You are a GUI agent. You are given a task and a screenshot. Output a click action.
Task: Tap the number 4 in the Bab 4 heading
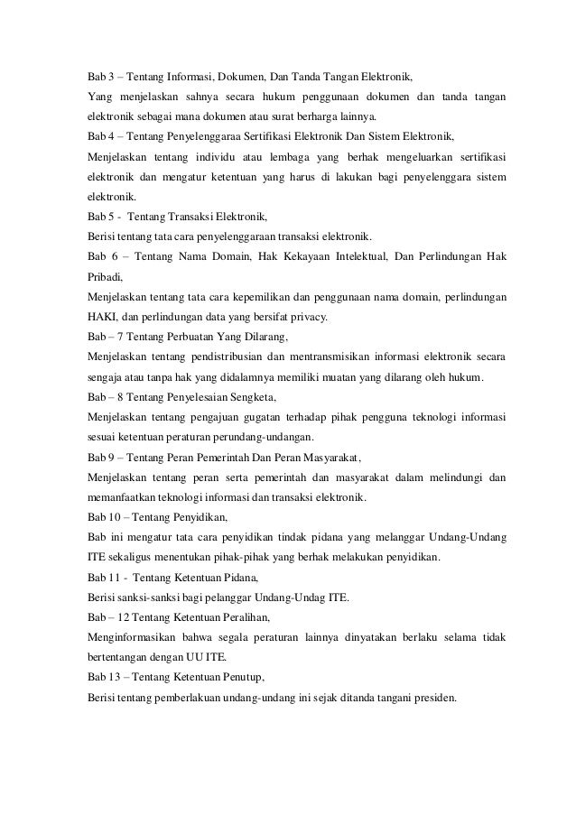(x=111, y=137)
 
